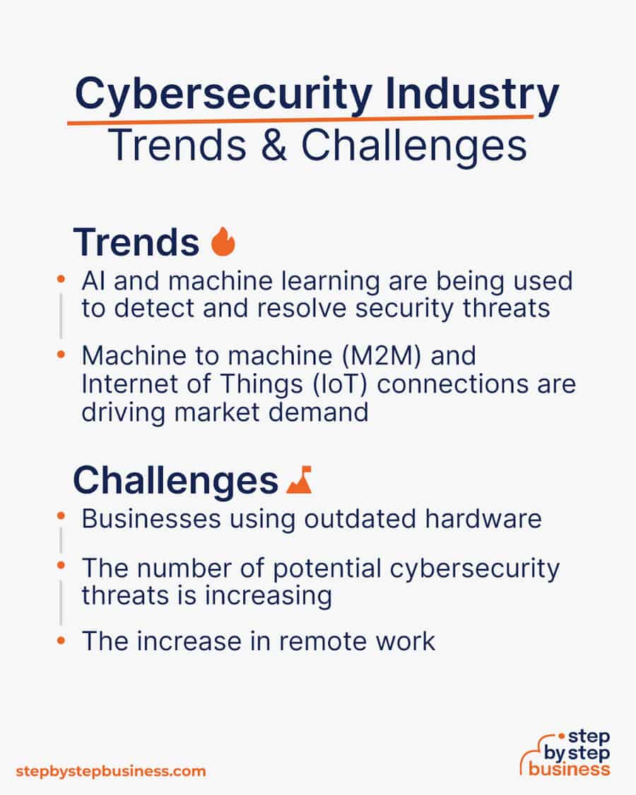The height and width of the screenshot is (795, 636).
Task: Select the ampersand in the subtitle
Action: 274,145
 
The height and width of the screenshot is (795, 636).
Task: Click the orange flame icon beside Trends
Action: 223,241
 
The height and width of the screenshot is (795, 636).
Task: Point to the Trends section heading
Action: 136,242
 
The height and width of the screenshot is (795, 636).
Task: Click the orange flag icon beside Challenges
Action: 299,480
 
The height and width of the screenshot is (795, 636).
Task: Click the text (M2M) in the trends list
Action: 382,356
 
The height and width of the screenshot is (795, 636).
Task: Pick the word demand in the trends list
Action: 318,412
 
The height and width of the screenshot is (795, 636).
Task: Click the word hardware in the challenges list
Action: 483,519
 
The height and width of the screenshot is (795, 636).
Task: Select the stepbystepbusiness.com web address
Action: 111,772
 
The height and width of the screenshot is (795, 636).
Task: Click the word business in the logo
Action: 569,769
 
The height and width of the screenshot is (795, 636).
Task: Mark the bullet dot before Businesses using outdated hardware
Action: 61,516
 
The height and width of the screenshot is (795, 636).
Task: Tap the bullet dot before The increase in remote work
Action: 61,640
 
